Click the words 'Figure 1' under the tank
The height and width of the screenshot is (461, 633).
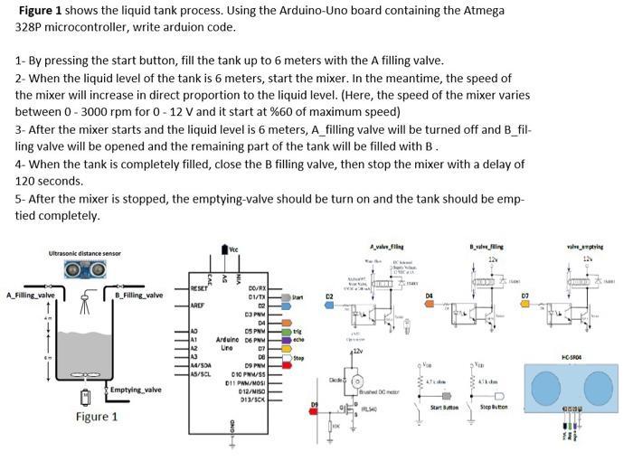97,417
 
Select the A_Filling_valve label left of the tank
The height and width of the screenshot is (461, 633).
30,296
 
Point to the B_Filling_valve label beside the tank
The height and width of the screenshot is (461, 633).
139,296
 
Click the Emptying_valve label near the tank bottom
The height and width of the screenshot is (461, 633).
137,390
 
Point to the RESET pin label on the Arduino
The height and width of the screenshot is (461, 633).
201,289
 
